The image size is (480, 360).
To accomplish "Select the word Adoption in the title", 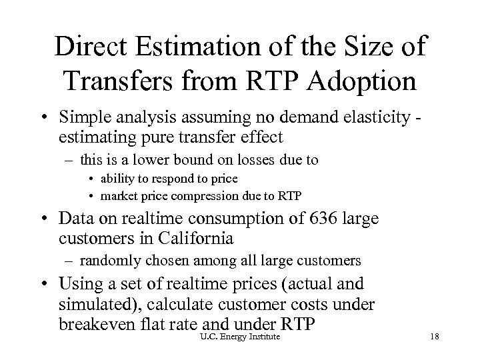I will pos(361,81).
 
